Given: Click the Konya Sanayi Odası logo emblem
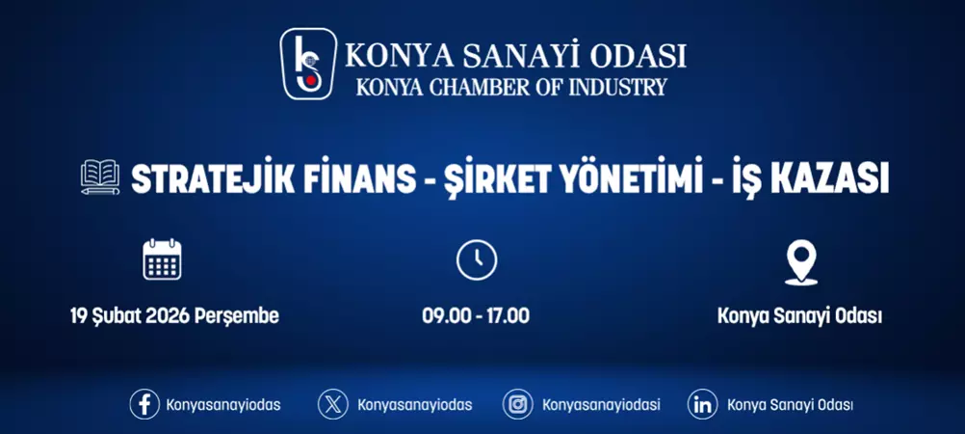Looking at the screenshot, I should (308, 64).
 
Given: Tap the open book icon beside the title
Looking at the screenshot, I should (100, 178).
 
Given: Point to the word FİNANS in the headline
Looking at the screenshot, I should (363, 178).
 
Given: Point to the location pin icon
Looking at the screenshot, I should (800, 261).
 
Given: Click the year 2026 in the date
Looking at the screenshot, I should (168, 315).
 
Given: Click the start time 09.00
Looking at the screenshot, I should (443, 315).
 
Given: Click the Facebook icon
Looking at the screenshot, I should (144, 404).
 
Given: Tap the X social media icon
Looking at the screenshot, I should (333, 404).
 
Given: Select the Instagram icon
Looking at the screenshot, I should (518, 404).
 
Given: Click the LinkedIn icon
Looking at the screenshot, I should (703, 404).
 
